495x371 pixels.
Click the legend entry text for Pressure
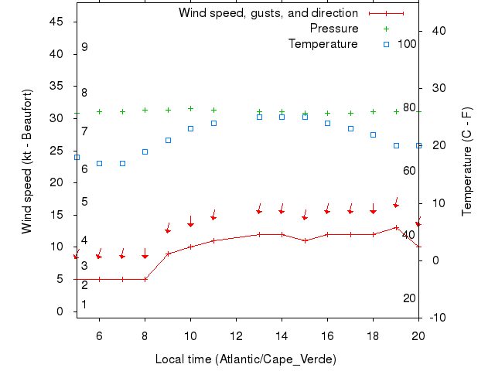pyautogui.click(x=334, y=29)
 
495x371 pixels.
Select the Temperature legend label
pyautogui.click(x=323, y=44)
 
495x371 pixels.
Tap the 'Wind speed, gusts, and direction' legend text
pyautogui.click(x=268, y=13)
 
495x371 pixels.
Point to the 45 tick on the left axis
pyautogui.click(x=56, y=22)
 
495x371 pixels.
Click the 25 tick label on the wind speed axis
pyautogui.click(x=56, y=151)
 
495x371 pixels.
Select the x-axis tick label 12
pyautogui.click(x=236, y=336)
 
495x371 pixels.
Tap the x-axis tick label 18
pyautogui.click(x=373, y=336)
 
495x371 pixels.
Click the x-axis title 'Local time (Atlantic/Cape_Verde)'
pyautogui.click(x=246, y=359)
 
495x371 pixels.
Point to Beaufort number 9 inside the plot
pyautogui.click(x=84, y=47)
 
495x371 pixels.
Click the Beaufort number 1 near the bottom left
pyautogui.click(x=84, y=305)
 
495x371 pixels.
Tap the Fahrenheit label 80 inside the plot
pyautogui.click(x=409, y=107)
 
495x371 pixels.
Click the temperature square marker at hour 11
pyautogui.click(x=213, y=123)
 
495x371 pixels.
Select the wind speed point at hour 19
pyautogui.click(x=396, y=227)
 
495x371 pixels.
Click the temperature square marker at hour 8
pyautogui.click(x=145, y=151)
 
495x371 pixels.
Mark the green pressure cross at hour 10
pyautogui.click(x=190, y=109)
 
